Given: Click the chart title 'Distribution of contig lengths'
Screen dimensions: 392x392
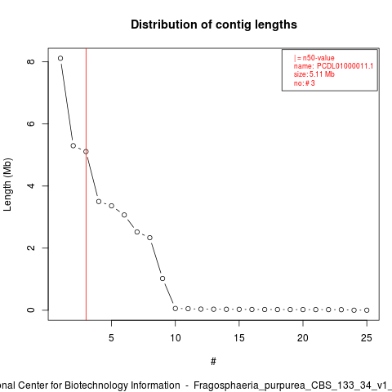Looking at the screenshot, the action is [x=214, y=24].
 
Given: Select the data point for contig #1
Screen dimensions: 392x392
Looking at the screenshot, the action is [x=60, y=58].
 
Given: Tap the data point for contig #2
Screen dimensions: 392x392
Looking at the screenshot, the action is [x=73, y=145].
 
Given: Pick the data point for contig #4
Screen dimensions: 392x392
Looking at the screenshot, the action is [x=99, y=202].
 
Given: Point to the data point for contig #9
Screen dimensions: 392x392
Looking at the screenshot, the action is [x=163, y=278].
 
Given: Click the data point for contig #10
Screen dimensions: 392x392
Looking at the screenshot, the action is [x=176, y=309].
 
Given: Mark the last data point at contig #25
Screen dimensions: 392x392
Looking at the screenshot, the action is [x=367, y=310].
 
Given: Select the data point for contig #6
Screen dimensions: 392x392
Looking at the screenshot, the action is [x=124, y=215].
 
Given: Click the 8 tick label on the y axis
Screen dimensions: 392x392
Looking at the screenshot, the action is [x=31, y=61].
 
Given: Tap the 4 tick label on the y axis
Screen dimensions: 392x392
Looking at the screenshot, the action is [x=31, y=186].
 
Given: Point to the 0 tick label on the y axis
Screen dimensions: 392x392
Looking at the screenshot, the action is [x=31, y=310].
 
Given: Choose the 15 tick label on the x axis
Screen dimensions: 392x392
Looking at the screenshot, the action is [x=239, y=338].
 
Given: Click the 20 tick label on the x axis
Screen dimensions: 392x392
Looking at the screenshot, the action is [x=303, y=338].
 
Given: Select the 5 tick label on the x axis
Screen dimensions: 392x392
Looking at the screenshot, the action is [x=111, y=338].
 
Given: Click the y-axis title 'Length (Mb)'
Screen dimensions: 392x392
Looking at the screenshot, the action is [x=7, y=185].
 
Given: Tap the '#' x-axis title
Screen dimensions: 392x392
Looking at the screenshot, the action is [x=213, y=362].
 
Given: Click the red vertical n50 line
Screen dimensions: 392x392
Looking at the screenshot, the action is [x=86, y=185].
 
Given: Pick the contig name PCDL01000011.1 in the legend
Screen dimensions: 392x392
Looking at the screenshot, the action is [x=345, y=66].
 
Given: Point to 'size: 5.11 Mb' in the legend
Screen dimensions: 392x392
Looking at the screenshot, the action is [x=314, y=74].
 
